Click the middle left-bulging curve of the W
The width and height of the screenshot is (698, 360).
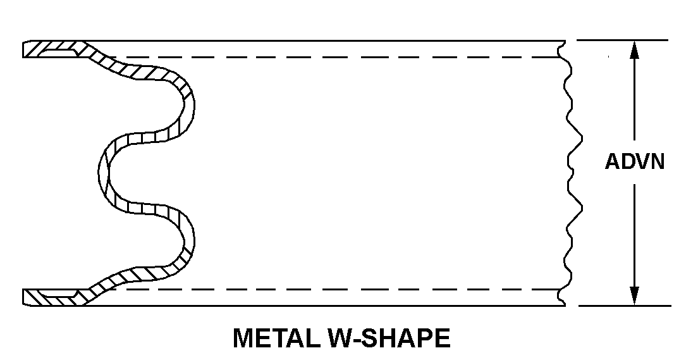[x=104, y=171]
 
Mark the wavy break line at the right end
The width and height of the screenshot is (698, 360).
[x=567, y=171]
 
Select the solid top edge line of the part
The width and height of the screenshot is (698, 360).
[x=316, y=40]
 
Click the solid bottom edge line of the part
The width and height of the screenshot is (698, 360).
[x=316, y=306]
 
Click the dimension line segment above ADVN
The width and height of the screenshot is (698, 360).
[x=635, y=101]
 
